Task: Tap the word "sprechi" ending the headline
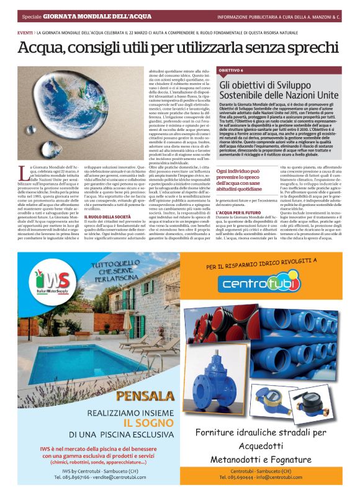[317, 47]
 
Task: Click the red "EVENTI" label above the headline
[25, 32]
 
